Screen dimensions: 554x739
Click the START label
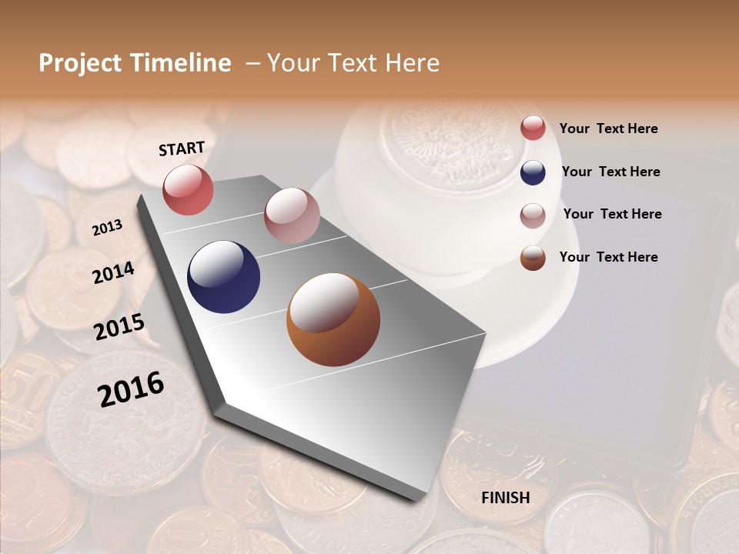click(182, 148)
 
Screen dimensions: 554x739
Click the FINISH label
click(505, 498)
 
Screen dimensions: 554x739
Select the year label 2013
click(107, 227)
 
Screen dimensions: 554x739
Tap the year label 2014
click(113, 272)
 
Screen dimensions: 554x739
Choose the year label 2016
click(131, 389)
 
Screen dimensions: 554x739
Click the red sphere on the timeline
click(188, 189)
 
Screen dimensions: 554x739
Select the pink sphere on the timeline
click(292, 215)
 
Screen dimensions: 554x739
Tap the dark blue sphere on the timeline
click(224, 277)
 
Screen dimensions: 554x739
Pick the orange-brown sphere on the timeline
click(333, 319)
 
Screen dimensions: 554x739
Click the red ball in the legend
click(533, 128)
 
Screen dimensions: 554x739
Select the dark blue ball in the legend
click(533, 172)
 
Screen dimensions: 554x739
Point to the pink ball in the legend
click(533, 215)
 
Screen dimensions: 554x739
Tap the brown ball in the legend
click(533, 258)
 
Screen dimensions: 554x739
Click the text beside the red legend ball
click(608, 128)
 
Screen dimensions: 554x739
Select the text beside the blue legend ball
click(610, 172)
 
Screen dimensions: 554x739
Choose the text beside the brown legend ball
click(608, 257)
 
